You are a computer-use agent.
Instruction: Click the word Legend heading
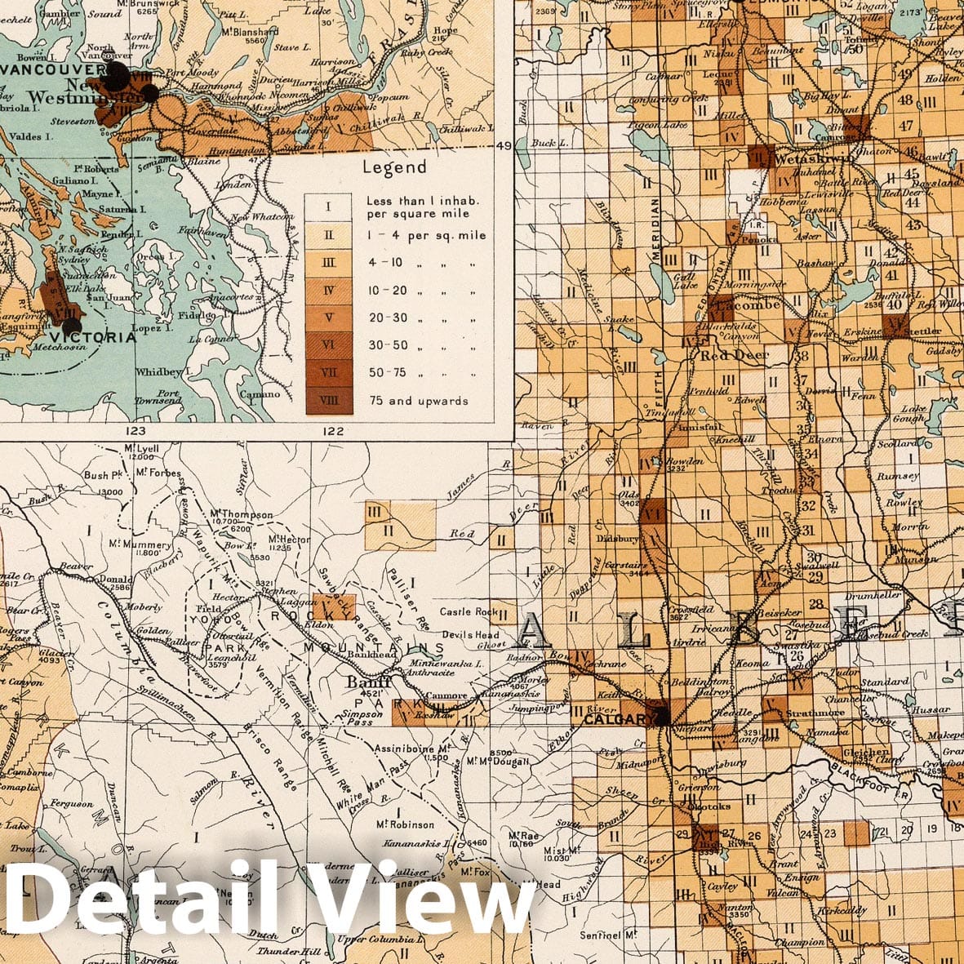(396, 167)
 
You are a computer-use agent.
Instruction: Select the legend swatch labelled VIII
(327, 401)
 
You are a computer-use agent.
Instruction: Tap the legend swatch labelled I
(327, 207)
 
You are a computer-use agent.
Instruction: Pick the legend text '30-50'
(388, 345)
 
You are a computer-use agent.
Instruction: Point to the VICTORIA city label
(92, 337)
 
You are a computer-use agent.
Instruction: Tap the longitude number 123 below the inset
(135, 429)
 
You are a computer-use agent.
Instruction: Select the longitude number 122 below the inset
(333, 430)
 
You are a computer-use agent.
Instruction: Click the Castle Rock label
(469, 611)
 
